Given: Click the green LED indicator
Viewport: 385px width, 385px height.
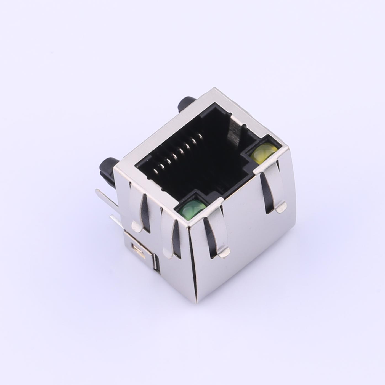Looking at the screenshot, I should point(193,210).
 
